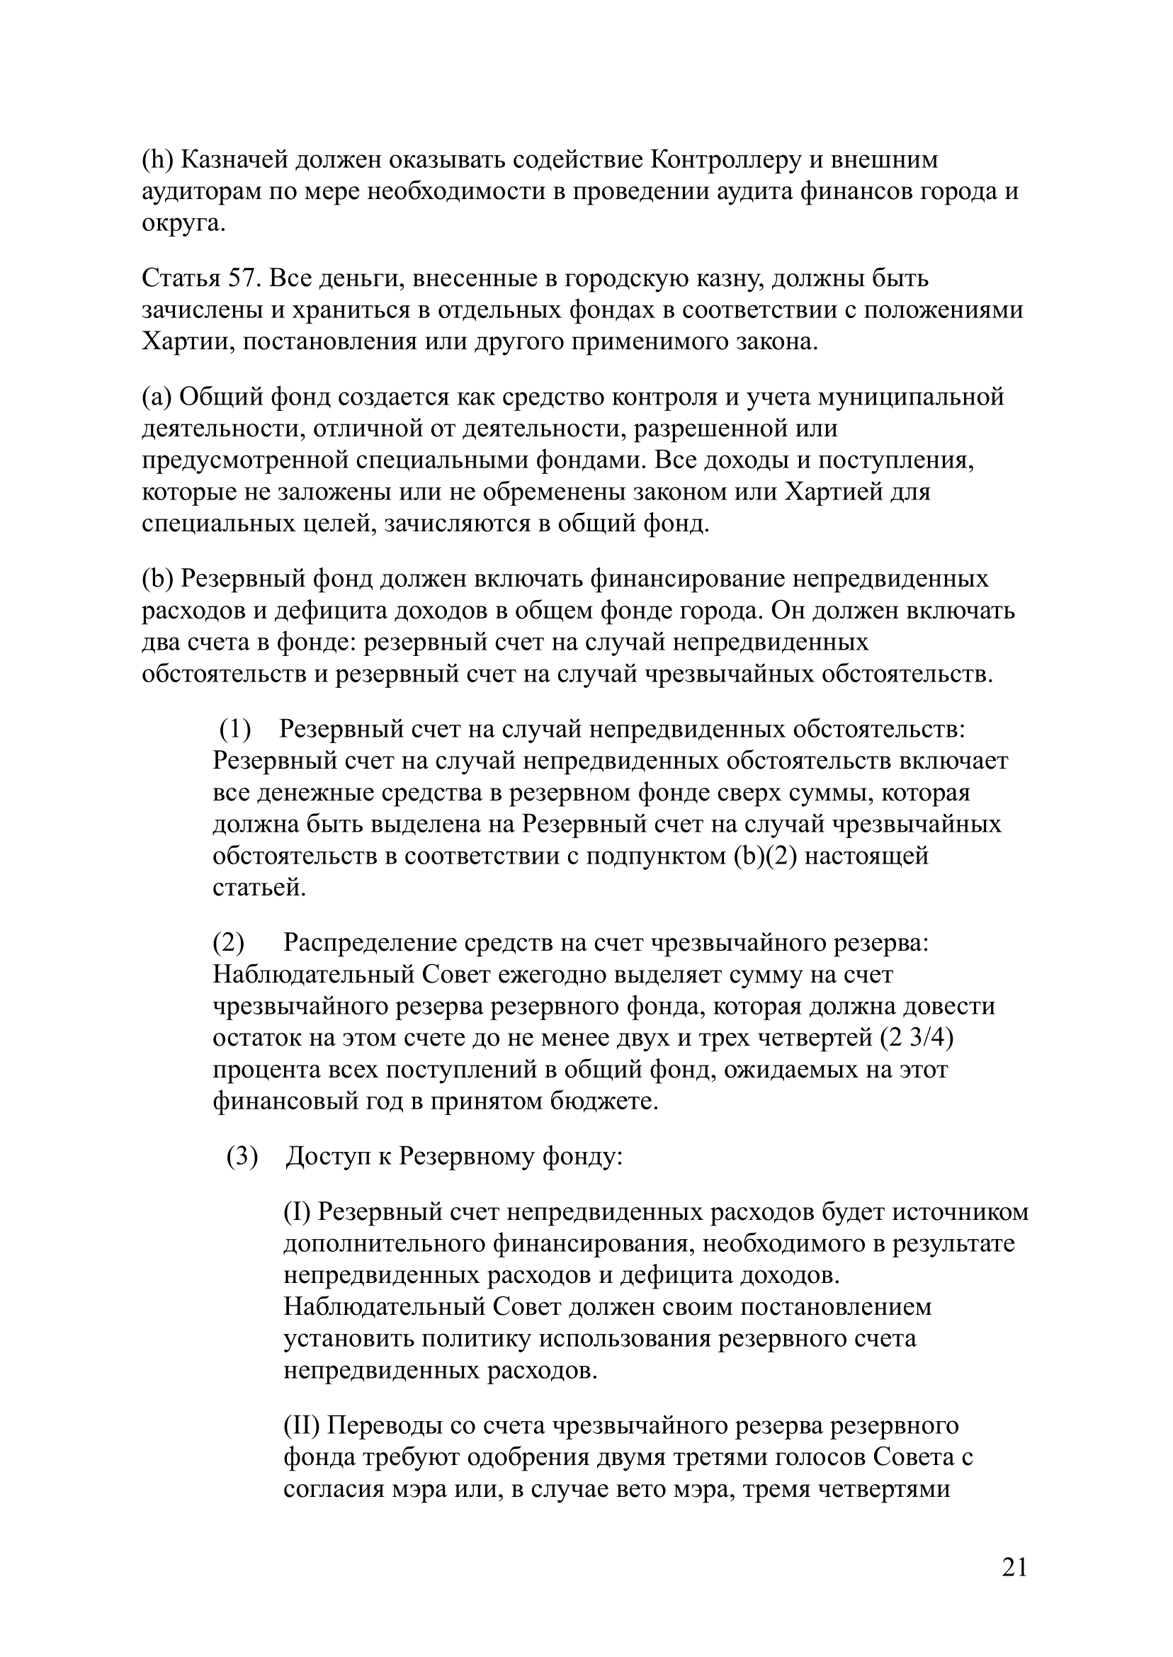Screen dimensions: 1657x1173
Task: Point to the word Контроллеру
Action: (726, 159)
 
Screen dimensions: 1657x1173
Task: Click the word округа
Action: (183, 223)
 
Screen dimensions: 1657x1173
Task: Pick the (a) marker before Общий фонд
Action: (156, 397)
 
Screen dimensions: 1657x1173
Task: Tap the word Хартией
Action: (832, 492)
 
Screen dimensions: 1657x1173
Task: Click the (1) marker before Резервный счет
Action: (235, 730)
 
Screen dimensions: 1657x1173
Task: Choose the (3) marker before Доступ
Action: (242, 1157)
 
